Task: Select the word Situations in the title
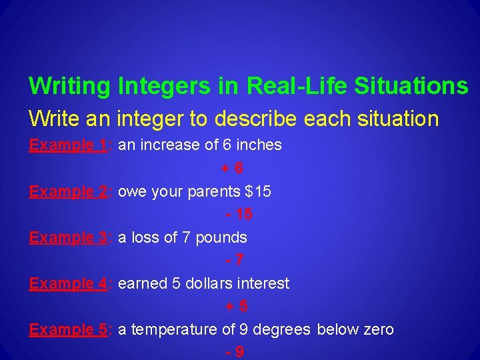click(x=411, y=86)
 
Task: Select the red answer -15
click(x=239, y=215)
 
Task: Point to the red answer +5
click(x=237, y=307)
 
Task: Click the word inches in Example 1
click(x=259, y=145)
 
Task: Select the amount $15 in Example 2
click(x=258, y=192)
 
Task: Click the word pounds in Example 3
click(x=221, y=238)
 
